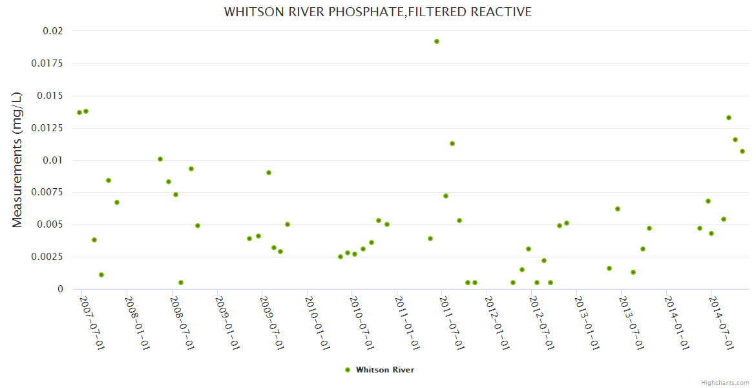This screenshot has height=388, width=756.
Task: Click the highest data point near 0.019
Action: click(437, 41)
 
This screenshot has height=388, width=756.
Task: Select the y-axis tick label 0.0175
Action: click(47, 63)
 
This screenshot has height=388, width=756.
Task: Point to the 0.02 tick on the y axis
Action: click(53, 31)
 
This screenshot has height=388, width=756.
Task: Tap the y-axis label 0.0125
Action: click(47, 128)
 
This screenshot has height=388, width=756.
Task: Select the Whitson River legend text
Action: click(385, 370)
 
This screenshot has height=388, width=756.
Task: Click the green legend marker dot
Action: click(348, 370)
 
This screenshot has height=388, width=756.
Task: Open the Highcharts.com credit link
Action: click(725, 383)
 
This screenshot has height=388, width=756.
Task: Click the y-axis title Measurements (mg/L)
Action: click(17, 160)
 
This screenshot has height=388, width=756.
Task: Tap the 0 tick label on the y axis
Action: click(61, 289)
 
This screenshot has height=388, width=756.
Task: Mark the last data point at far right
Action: click(742, 151)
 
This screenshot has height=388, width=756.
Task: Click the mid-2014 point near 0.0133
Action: click(729, 118)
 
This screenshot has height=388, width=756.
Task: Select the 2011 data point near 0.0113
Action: click(452, 144)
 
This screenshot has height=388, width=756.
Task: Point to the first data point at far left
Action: click(79, 113)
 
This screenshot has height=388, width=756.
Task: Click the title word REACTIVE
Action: click(501, 12)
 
